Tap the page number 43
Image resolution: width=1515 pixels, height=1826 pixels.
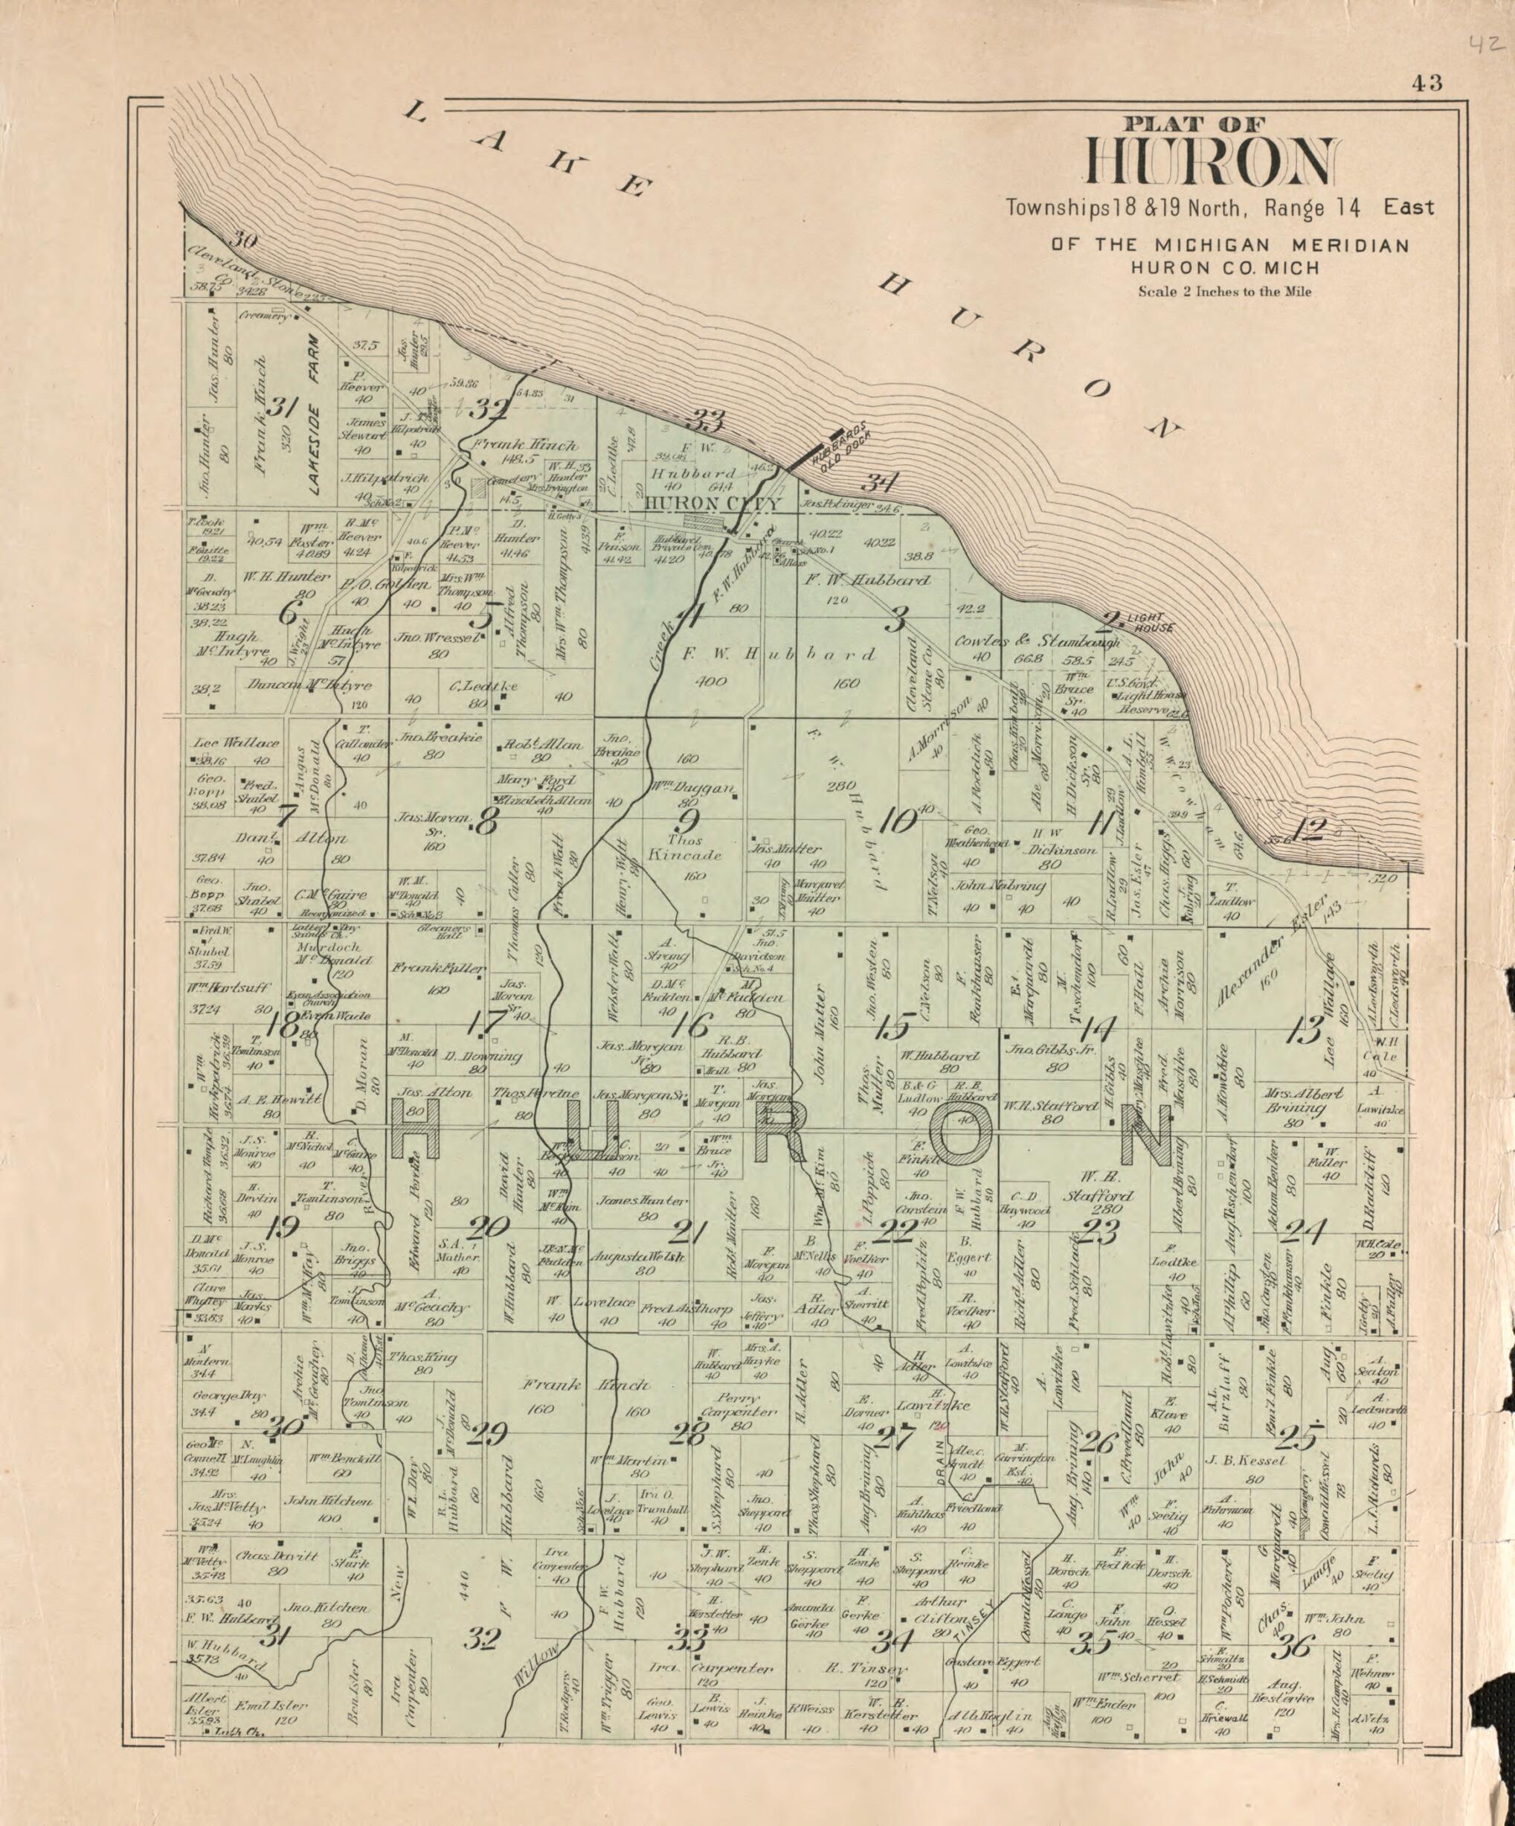coord(1427,83)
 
